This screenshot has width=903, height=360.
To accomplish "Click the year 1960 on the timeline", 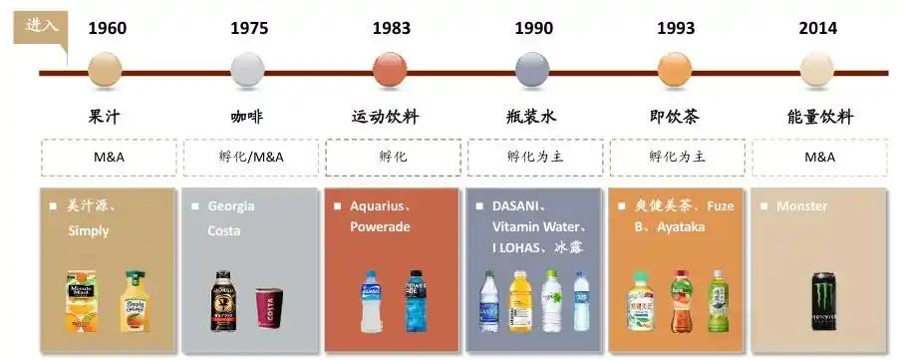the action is coord(107,28).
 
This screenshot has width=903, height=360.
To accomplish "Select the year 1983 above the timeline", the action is coord(391,28).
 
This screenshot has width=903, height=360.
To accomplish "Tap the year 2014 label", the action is coord(817,28).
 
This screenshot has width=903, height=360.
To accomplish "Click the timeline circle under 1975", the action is coord(248,71).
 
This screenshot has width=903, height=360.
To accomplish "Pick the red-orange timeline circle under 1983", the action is coord(390,71).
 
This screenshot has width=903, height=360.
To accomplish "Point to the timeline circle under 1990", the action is coord(533,71).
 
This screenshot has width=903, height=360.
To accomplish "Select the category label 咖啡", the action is coord(248,118).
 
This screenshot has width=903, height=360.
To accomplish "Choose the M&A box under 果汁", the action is coord(108,158).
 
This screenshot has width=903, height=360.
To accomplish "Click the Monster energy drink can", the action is coord(824,301).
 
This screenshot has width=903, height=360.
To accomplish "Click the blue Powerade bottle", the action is coord(415,300).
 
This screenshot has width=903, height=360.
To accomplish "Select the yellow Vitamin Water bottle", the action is coord(518,300).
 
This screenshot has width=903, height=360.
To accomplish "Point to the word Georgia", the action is coord(231,206).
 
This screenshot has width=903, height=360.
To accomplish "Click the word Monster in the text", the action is coord(802,206).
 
